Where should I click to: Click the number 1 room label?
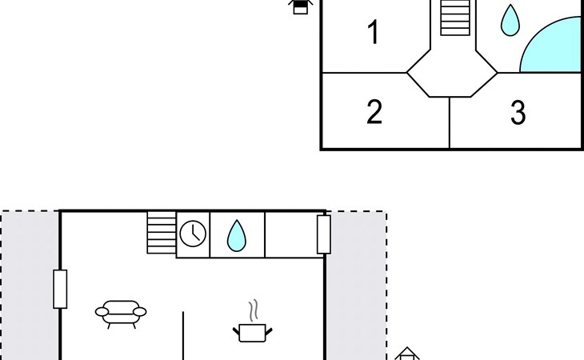point(374,32)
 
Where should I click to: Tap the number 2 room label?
point(374,112)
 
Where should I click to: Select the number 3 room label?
point(518,112)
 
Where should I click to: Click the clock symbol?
point(193,234)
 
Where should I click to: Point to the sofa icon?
point(121,314)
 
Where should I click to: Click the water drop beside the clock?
point(237,236)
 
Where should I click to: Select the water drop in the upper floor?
point(510,21)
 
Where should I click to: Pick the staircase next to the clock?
point(162,233)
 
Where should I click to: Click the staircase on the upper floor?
point(454,18)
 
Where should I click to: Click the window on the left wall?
point(60,290)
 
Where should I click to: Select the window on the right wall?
point(324,234)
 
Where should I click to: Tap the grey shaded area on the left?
point(30,286)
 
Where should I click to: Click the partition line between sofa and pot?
point(183,336)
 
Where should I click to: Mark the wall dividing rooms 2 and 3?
point(450,123)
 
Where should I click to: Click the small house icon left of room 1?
point(300,6)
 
